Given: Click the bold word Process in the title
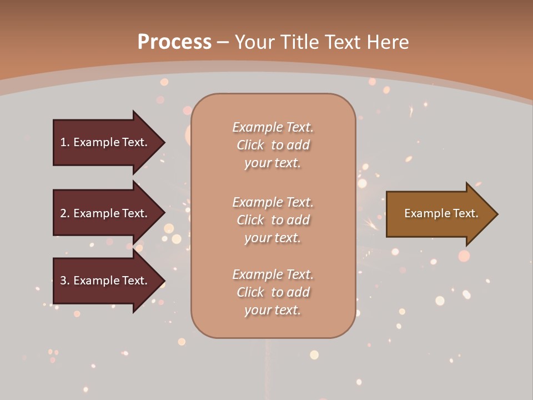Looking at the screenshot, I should (x=174, y=42).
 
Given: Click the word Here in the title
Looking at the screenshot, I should (x=388, y=42).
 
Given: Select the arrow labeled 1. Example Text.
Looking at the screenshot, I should (x=105, y=142).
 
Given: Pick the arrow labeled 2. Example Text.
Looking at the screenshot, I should (x=105, y=213).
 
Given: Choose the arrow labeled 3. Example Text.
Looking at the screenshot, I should (x=105, y=281).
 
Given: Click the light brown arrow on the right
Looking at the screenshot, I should (x=439, y=214).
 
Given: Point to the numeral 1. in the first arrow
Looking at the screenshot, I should (x=65, y=142).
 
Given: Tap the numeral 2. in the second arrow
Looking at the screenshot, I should (x=65, y=213).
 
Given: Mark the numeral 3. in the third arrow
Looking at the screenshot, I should (x=65, y=281).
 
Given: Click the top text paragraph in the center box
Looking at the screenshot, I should (x=273, y=145).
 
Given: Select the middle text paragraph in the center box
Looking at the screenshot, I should (x=273, y=220).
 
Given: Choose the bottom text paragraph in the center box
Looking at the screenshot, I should (x=273, y=292).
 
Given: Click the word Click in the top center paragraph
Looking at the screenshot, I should (x=250, y=145).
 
